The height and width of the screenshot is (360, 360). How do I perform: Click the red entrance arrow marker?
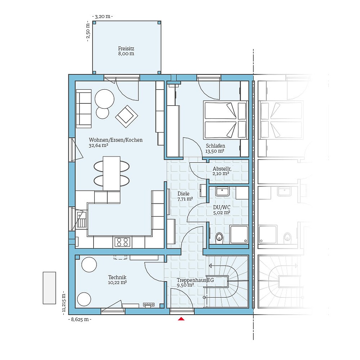(x=181, y=319)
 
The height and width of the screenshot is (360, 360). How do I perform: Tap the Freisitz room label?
(x=126, y=48)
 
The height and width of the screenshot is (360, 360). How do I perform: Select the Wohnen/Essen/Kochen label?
(x=116, y=140)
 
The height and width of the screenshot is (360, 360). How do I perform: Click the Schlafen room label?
(x=215, y=146)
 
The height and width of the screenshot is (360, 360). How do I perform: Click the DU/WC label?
(x=222, y=207)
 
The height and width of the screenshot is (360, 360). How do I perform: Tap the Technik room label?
(x=117, y=277)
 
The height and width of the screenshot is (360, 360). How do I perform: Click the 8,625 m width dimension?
(x=80, y=319)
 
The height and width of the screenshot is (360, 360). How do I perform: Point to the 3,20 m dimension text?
(x=103, y=17)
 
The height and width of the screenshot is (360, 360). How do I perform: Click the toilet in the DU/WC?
(x=219, y=237)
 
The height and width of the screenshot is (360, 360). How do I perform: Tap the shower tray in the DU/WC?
(x=239, y=234)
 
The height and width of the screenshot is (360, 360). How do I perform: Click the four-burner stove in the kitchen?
(x=122, y=242)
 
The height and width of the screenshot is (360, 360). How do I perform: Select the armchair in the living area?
(x=126, y=116)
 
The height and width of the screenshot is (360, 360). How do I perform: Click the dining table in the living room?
(x=112, y=173)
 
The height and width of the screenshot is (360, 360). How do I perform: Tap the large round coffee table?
(x=104, y=98)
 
